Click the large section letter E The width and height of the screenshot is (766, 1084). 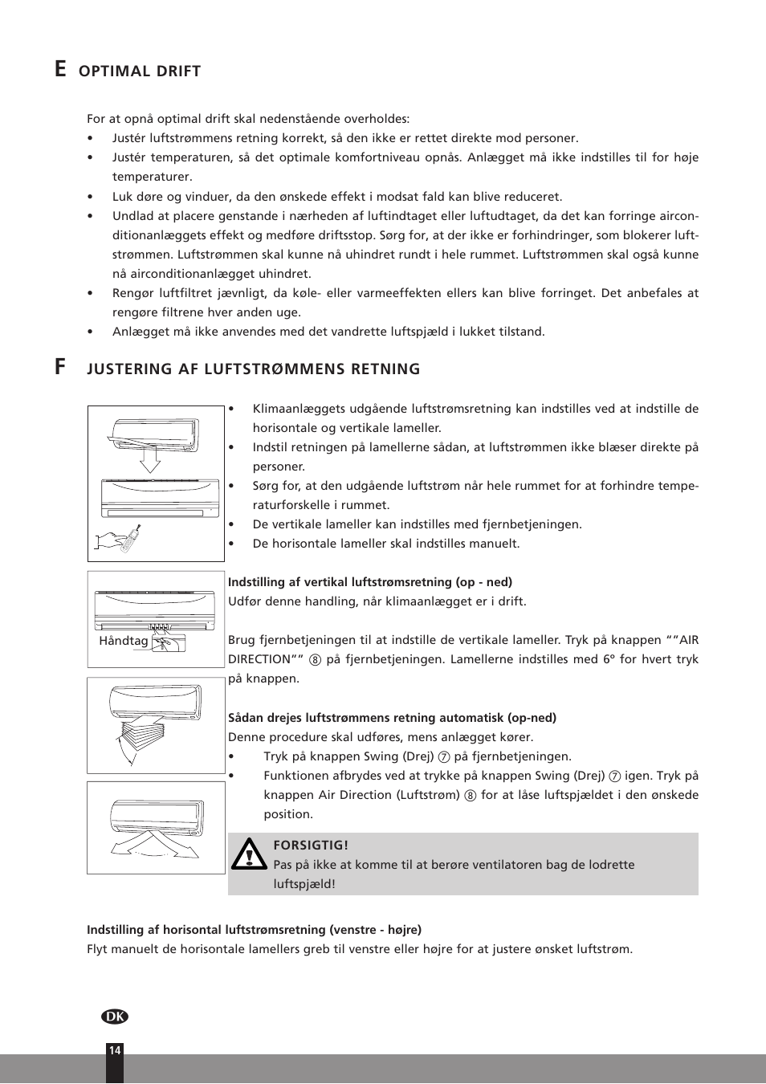coord(60,70)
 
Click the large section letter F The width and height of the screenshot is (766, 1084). coord(60,367)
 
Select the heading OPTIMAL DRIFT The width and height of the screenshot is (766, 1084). coord(140,71)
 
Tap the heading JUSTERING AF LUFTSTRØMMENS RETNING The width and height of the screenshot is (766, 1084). coord(254,369)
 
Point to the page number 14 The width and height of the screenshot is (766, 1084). coord(115,1050)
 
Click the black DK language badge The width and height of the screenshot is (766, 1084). coord(115,1017)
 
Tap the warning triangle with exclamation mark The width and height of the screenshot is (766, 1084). coord(249,854)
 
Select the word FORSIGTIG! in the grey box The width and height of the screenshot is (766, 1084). coord(311,846)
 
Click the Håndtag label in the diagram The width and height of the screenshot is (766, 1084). coord(124,641)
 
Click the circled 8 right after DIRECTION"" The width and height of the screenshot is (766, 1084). coord(315,660)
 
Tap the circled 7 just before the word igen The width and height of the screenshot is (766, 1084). coord(614,776)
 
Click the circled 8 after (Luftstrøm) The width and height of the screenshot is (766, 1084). coord(471,796)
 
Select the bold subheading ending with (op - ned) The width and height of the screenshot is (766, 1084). coord(369,582)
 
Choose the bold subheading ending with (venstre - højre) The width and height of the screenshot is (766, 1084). coord(254,930)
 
